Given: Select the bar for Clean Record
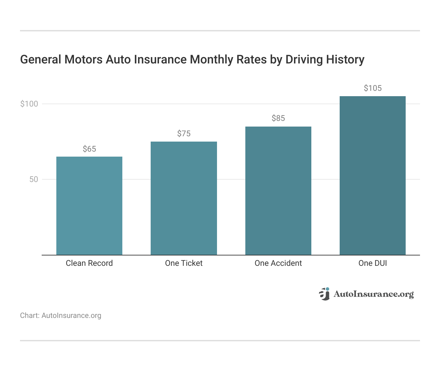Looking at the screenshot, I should (89, 206).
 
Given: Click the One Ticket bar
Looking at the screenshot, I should (184, 198).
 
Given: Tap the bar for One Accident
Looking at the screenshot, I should (278, 191).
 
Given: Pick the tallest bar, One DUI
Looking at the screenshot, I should (373, 175).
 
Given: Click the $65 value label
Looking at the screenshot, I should (89, 149).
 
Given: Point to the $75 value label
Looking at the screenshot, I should (184, 134).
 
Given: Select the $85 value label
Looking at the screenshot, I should (278, 118).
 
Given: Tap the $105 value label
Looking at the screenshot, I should (373, 88).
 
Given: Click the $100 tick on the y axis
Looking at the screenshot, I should (29, 104).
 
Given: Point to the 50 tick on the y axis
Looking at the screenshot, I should (34, 179).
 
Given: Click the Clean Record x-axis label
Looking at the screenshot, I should (89, 263).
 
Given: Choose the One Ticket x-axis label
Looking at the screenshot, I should (184, 263).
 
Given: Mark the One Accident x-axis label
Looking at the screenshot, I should (278, 263).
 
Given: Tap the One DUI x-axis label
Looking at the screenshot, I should (373, 263).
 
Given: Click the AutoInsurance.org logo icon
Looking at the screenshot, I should (324, 294).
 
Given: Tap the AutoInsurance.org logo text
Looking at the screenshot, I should (374, 294).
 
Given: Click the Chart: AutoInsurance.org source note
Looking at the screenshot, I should (61, 316).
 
